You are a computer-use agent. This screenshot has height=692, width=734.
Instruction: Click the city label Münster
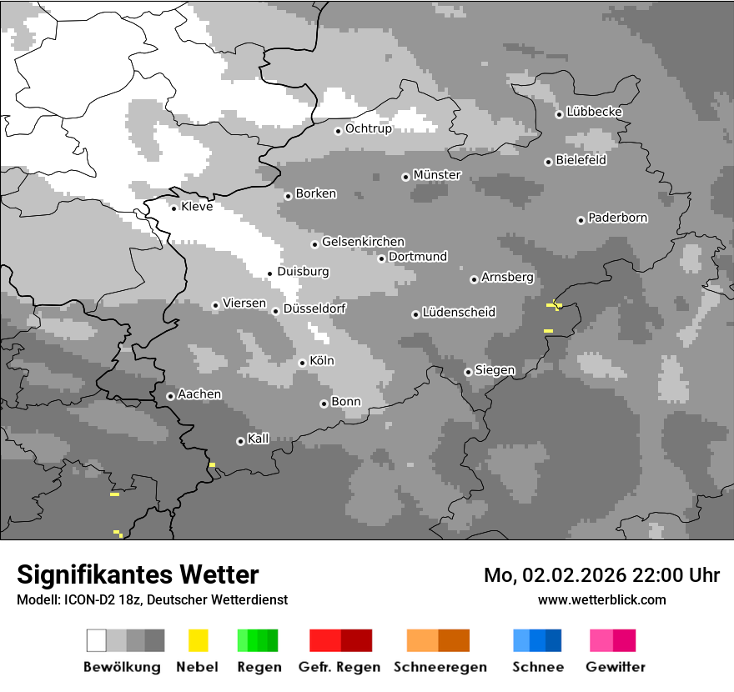tap(437, 175)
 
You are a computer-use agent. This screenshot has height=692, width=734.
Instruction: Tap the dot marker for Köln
tap(302, 363)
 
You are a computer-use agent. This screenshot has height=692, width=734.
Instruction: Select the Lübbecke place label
tap(594, 112)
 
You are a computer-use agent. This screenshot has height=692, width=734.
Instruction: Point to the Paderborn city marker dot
tap(581, 220)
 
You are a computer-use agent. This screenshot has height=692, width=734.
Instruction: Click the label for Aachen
tap(199, 394)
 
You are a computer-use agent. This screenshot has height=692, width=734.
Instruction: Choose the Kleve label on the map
tap(197, 206)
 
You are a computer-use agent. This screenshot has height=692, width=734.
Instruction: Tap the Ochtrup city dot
tap(338, 130)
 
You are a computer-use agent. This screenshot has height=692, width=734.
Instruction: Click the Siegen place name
tap(495, 370)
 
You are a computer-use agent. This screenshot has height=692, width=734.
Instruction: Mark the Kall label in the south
tap(259, 439)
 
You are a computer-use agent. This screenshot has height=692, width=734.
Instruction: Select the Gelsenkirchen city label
tap(363, 242)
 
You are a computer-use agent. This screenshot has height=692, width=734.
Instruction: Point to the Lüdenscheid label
tap(459, 312)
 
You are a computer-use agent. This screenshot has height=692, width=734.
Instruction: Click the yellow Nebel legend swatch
tap(198, 640)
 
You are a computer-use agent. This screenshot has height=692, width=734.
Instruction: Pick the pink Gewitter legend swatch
tap(601, 640)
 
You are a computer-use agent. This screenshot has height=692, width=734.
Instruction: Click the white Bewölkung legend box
tap(97, 640)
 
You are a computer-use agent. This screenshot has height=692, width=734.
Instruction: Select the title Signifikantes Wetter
tap(138, 574)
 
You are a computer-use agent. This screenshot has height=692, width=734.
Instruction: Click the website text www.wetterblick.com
tap(601, 599)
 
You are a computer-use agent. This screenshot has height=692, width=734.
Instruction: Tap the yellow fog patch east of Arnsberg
tap(554, 306)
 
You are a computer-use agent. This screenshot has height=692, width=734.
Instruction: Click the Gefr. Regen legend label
tap(339, 667)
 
